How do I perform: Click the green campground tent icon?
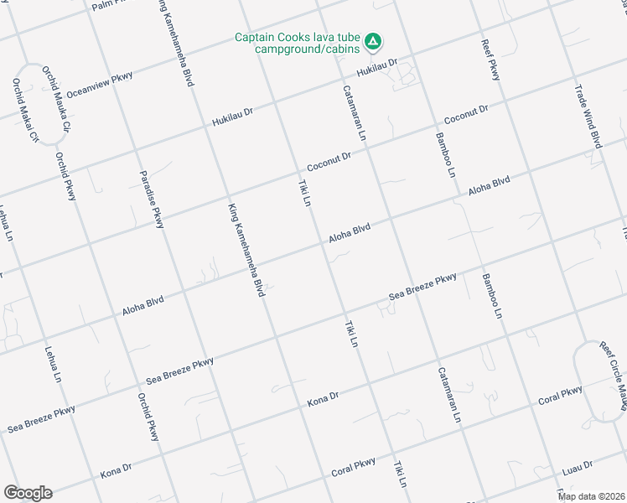click(x=375, y=40)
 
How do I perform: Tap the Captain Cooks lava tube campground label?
click(x=298, y=43)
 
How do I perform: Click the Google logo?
click(x=28, y=492)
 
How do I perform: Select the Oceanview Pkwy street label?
click(x=100, y=83)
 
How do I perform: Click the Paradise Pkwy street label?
click(x=152, y=200)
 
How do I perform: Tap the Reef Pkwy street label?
click(x=490, y=60)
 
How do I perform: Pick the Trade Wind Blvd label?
click(x=588, y=117)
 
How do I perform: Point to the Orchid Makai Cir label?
click(x=25, y=109)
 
